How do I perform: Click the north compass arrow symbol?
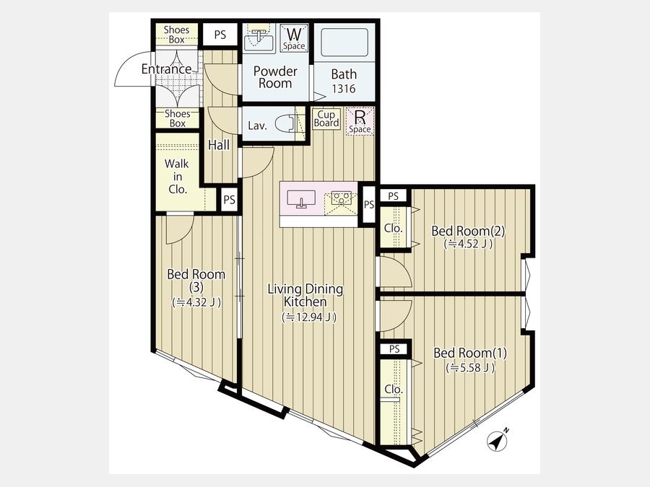tap(498, 441)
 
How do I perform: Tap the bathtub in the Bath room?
tap(344, 43)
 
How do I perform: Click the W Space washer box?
tap(294, 38)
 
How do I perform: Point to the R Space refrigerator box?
tap(360, 121)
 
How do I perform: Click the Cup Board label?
tap(326, 119)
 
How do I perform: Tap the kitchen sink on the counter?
tap(301, 198)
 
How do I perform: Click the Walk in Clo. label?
tap(178, 177)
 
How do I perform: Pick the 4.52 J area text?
tap(468, 245)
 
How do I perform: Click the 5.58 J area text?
tap(470, 368)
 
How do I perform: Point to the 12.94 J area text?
tap(309, 317)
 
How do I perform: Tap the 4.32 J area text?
tap(196, 302)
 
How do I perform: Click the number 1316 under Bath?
tap(344, 89)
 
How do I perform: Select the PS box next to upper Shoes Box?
tap(220, 35)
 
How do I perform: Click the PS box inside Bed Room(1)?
tap(394, 349)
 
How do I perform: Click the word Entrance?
tap(167, 69)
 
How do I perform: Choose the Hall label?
tap(219, 145)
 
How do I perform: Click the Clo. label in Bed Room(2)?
tap(393, 228)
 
